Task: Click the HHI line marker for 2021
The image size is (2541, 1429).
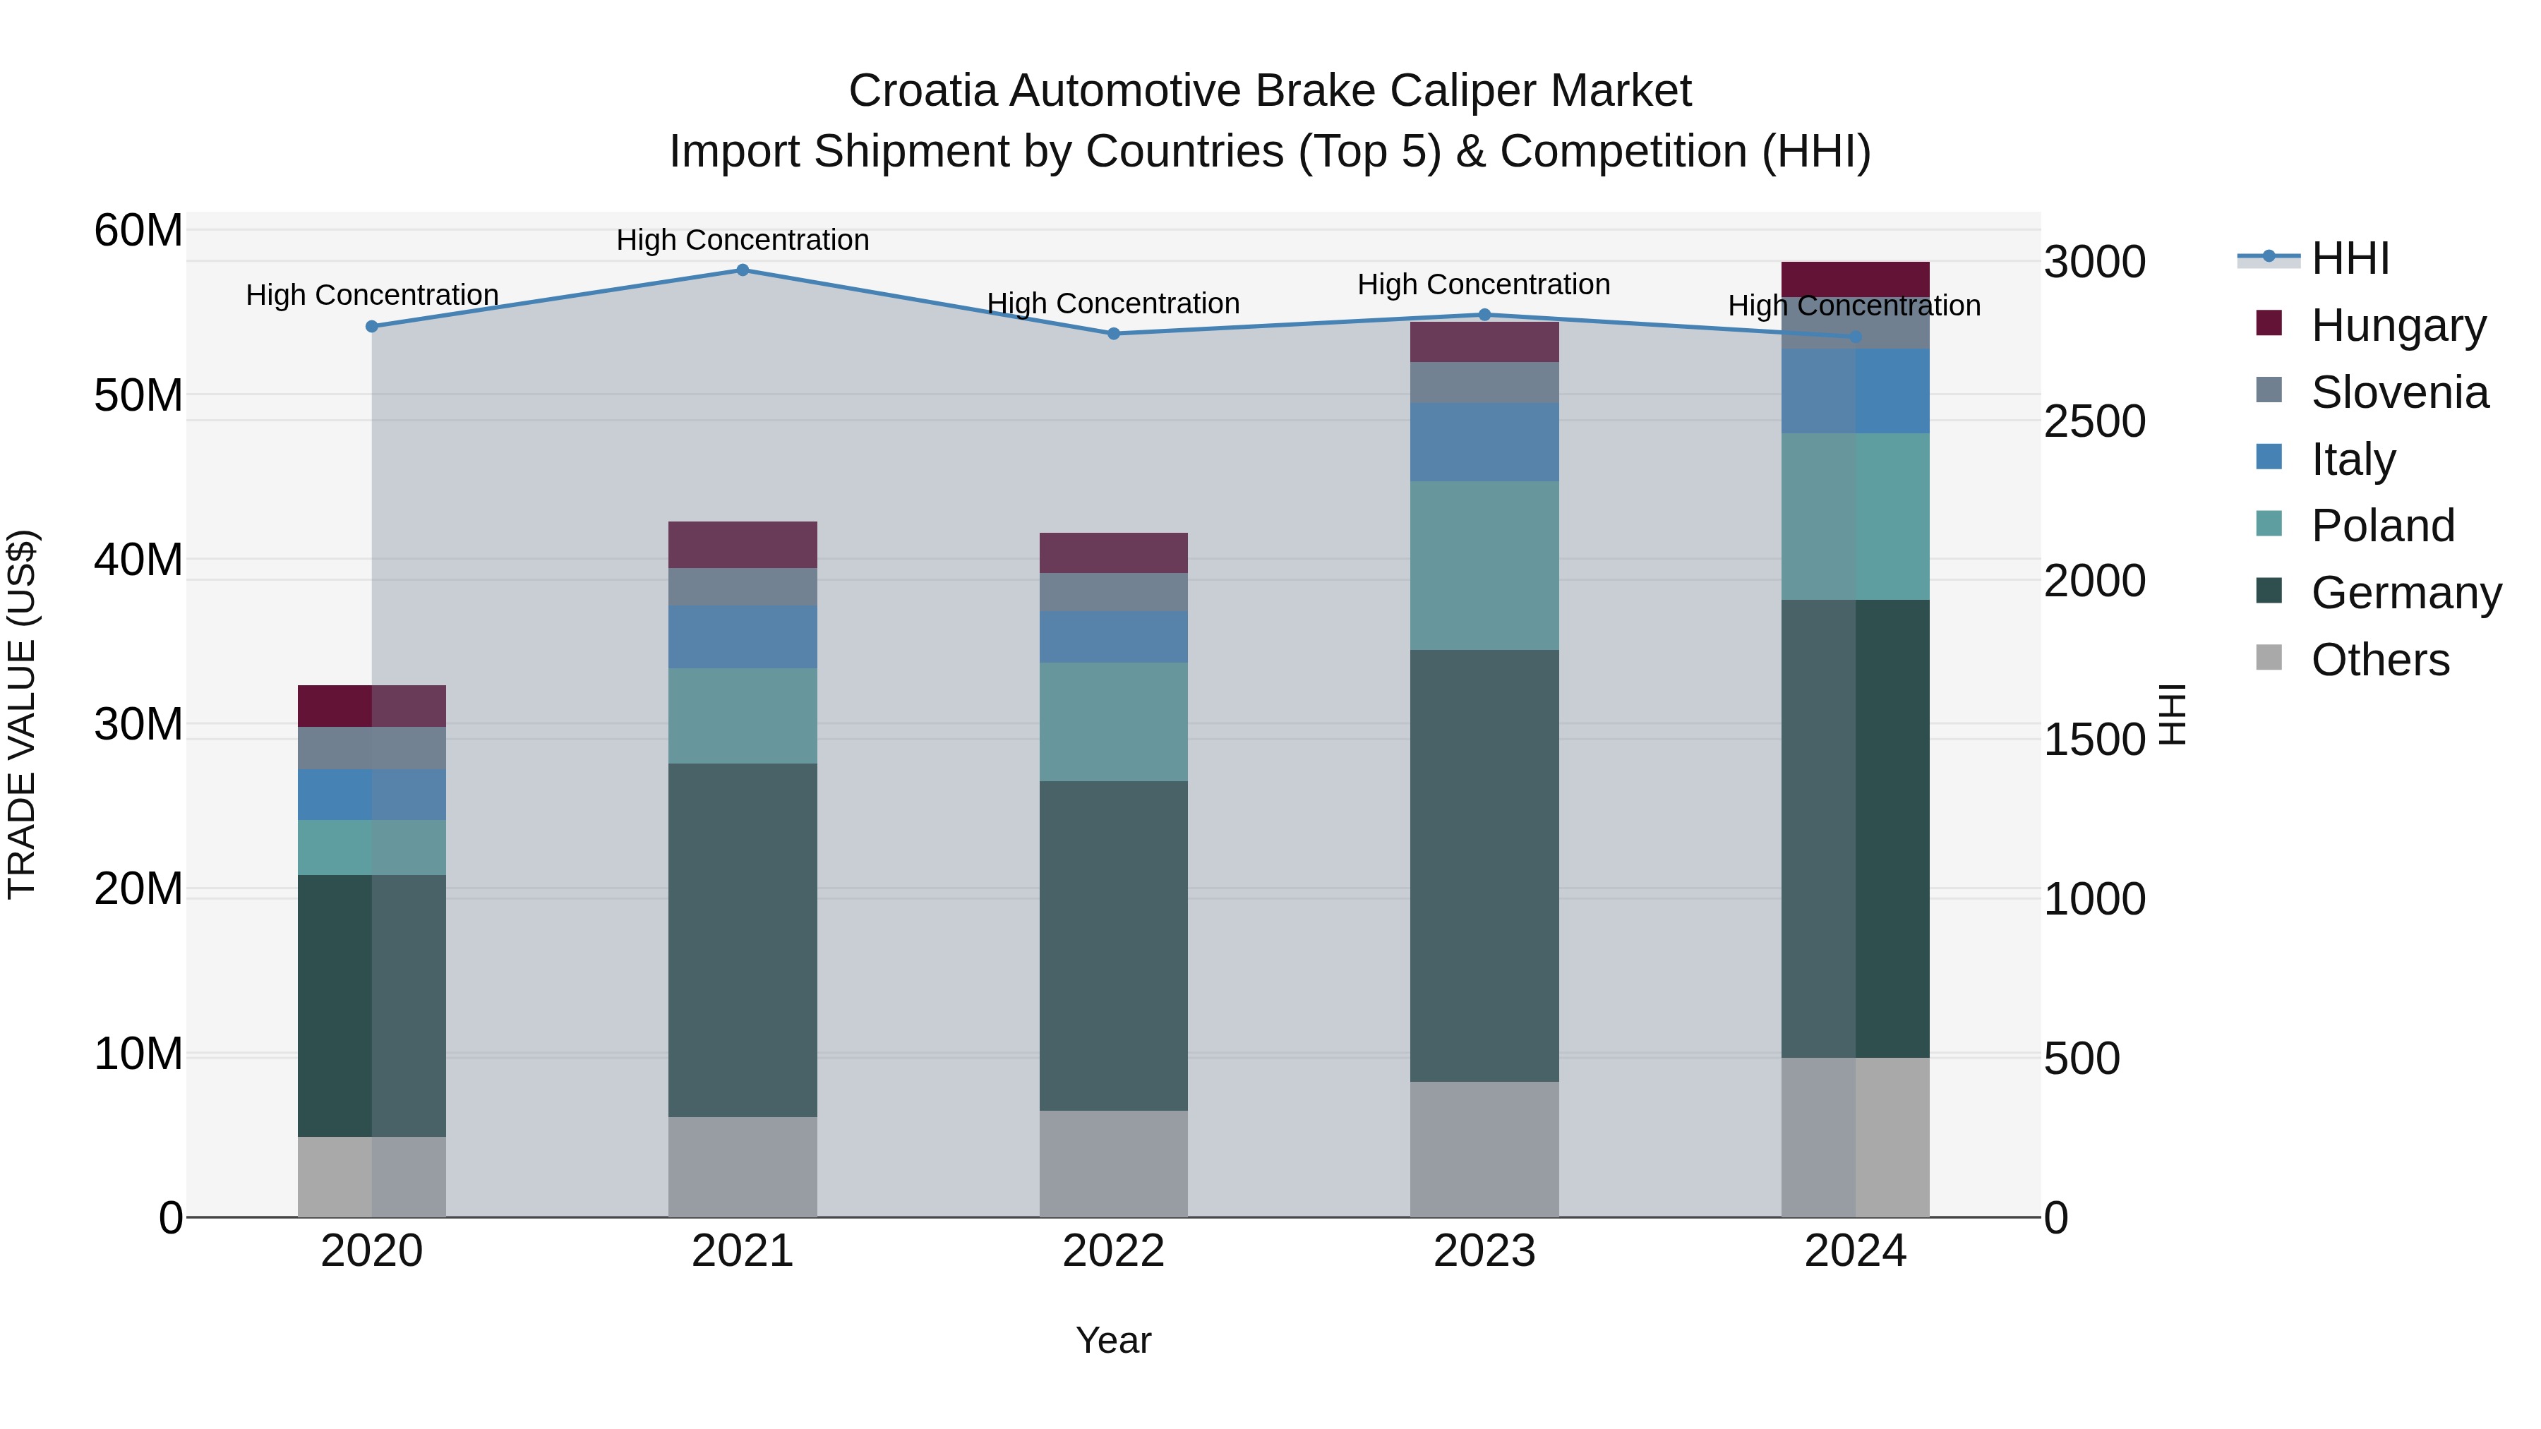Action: point(743,270)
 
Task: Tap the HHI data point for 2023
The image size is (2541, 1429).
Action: point(1484,315)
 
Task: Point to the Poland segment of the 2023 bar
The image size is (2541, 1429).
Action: point(1484,565)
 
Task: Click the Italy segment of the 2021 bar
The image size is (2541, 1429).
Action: point(743,637)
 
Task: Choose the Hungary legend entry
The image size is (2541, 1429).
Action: point(2397,325)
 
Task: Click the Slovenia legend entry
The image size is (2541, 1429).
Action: point(2399,392)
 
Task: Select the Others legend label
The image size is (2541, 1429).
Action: point(2379,660)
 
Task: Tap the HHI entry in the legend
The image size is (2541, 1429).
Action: point(2350,258)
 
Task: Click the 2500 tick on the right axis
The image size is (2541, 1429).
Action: point(2094,421)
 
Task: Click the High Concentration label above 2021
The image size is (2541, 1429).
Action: point(743,240)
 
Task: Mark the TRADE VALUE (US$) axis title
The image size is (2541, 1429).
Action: point(22,714)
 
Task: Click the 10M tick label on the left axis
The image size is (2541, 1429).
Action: point(138,1054)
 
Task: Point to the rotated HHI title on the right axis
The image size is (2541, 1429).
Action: point(2172,714)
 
